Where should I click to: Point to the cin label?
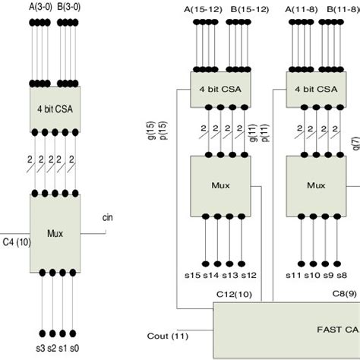[109, 219]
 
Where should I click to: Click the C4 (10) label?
[16, 242]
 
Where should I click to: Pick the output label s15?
[198, 275]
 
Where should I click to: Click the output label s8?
[343, 275]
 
